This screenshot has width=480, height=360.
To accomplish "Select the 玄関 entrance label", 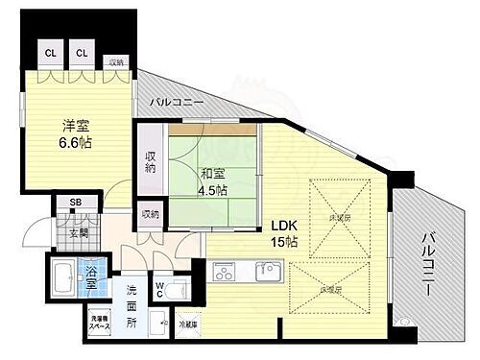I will tap(76, 232).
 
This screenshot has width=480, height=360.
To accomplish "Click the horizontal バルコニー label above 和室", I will tap(174, 101).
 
